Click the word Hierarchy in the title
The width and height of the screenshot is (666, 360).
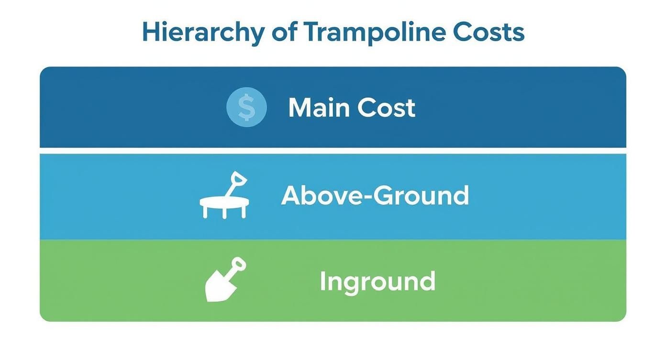click(x=203, y=33)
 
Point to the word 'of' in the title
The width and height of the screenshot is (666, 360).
click(x=284, y=33)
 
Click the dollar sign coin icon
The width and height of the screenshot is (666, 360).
click(x=246, y=107)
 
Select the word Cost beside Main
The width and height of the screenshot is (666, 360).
click(x=386, y=108)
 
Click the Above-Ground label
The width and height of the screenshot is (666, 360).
click(x=375, y=195)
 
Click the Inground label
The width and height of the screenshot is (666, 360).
click(x=377, y=281)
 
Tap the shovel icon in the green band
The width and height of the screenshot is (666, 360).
click(x=224, y=280)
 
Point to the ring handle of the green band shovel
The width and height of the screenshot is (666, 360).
click(x=239, y=264)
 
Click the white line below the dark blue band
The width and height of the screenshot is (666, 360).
click(x=333, y=151)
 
